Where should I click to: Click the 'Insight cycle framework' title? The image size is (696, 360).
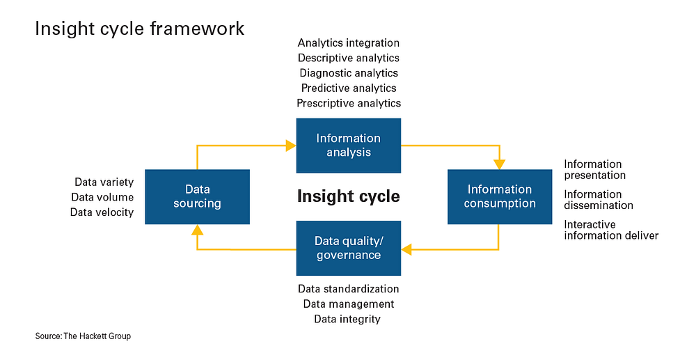point(139,29)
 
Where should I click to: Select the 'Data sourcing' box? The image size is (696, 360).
point(197,196)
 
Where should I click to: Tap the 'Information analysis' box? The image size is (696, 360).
point(349,146)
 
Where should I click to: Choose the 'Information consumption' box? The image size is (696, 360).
point(500,196)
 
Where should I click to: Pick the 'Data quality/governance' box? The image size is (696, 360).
point(349,248)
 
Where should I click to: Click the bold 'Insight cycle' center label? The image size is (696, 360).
point(349,196)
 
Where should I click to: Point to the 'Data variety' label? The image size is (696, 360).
point(104,182)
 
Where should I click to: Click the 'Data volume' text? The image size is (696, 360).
point(102,197)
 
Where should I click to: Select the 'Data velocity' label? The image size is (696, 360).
point(102,212)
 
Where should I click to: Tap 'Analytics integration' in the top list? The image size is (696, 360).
point(349,43)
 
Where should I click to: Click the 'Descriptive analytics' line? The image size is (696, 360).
point(349,58)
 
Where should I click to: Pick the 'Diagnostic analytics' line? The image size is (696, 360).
point(349,73)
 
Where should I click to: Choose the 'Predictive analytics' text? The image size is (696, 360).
point(349,88)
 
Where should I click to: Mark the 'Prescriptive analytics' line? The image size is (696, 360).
point(349,104)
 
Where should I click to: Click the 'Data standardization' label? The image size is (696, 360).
point(349,289)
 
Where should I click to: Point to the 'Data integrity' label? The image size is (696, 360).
point(347,319)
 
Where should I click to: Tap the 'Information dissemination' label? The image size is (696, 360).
point(599,200)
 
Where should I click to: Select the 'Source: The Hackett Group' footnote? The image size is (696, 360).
point(83,336)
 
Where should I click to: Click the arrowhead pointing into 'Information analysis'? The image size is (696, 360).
point(291,146)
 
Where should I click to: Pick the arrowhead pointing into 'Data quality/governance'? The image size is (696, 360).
point(406,249)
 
